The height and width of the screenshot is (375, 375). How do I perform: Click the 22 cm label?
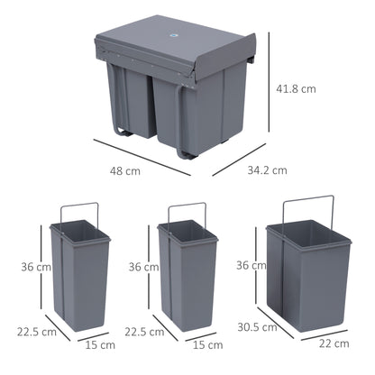(334, 343)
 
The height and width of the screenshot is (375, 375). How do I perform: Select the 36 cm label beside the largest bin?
(252, 266)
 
